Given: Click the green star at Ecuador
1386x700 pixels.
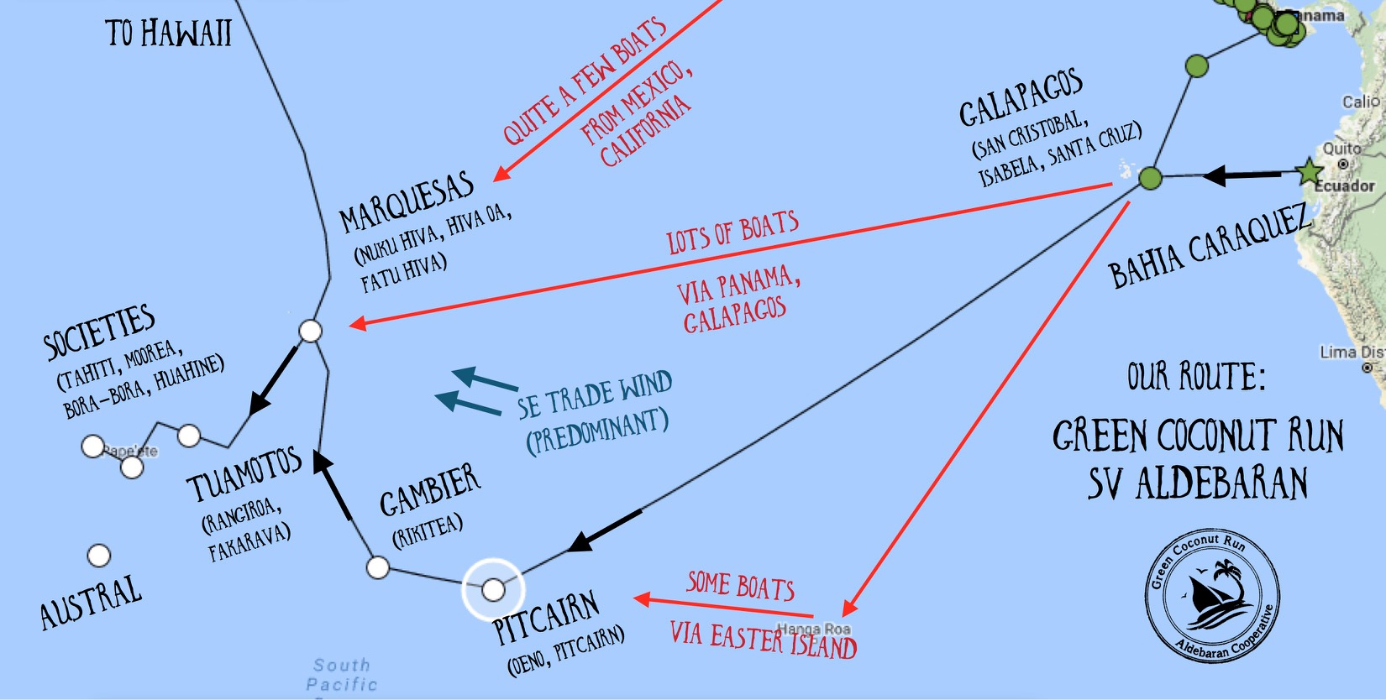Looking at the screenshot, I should click(x=1309, y=172).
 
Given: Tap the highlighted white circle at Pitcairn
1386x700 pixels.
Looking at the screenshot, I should click(x=493, y=589).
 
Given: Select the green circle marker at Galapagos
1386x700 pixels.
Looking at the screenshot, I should click(x=1150, y=178).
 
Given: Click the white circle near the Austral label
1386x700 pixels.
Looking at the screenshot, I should click(x=99, y=556).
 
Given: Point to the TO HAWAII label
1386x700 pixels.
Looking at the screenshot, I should click(x=168, y=34).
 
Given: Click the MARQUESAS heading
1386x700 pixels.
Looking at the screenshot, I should click(x=407, y=204).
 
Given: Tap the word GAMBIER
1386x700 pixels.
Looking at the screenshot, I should click(x=429, y=491).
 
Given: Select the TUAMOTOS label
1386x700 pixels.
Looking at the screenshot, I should click(x=244, y=475).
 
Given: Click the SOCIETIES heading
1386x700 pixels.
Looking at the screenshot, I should click(x=99, y=331).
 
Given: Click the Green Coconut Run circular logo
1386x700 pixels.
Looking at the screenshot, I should click(x=1212, y=595).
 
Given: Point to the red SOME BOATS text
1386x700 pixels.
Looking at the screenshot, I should click(x=740, y=586).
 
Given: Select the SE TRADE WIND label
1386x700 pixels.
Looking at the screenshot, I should click(x=595, y=394).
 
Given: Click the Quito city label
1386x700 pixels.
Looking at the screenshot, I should click(x=1341, y=149).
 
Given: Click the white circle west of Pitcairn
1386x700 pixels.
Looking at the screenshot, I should click(x=378, y=567).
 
